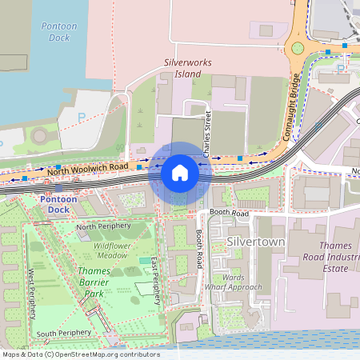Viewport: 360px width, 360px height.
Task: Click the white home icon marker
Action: pyautogui.click(x=180, y=173)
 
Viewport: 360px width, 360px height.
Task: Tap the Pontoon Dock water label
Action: pyautogui.click(x=59, y=32)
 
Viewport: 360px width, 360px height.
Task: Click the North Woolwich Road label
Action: pyautogui.click(x=87, y=169)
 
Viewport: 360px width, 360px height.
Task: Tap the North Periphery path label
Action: pyautogui.click(x=102, y=227)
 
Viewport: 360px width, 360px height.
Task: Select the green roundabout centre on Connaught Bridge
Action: pyautogui.click(x=298, y=49)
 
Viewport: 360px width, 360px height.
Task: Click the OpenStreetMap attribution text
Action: pyautogui.click(x=81, y=354)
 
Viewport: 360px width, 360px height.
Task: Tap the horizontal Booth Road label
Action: pyautogui.click(x=230, y=214)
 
